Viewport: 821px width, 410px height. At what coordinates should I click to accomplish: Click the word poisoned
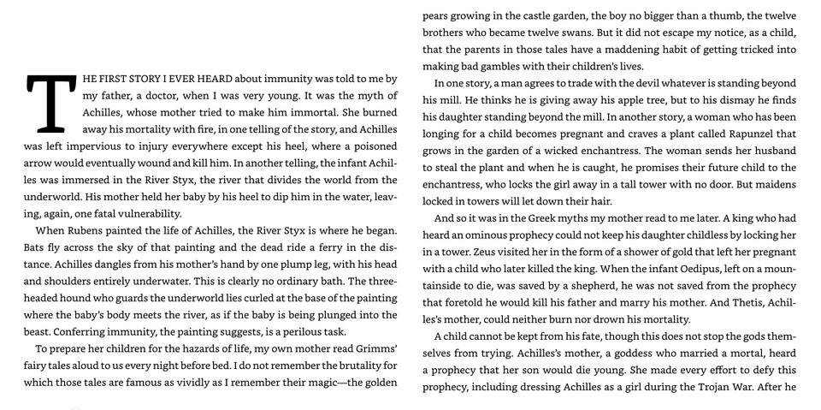pos(371,146)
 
